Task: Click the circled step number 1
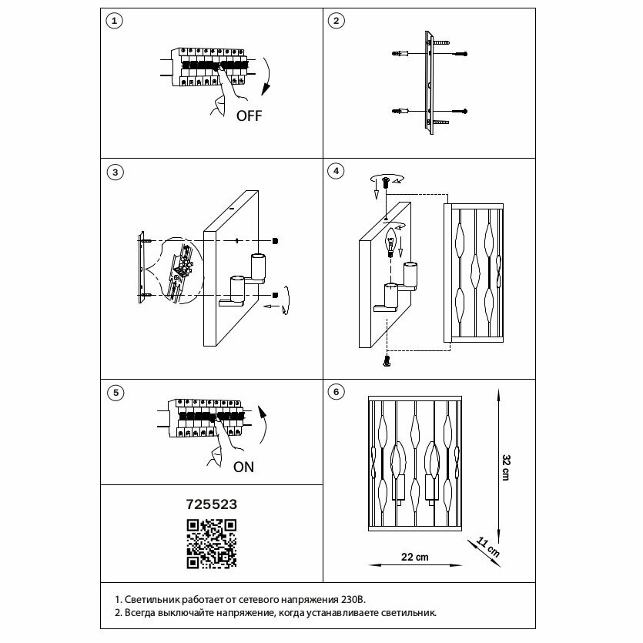click(x=114, y=21)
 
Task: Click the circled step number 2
click(x=336, y=21)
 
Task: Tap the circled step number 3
click(x=114, y=172)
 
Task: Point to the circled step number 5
click(x=114, y=393)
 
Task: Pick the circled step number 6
click(x=336, y=393)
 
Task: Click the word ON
click(x=243, y=467)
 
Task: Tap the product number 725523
click(x=211, y=504)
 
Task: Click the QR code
click(x=211, y=543)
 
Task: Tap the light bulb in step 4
click(x=390, y=242)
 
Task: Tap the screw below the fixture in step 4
click(x=387, y=360)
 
